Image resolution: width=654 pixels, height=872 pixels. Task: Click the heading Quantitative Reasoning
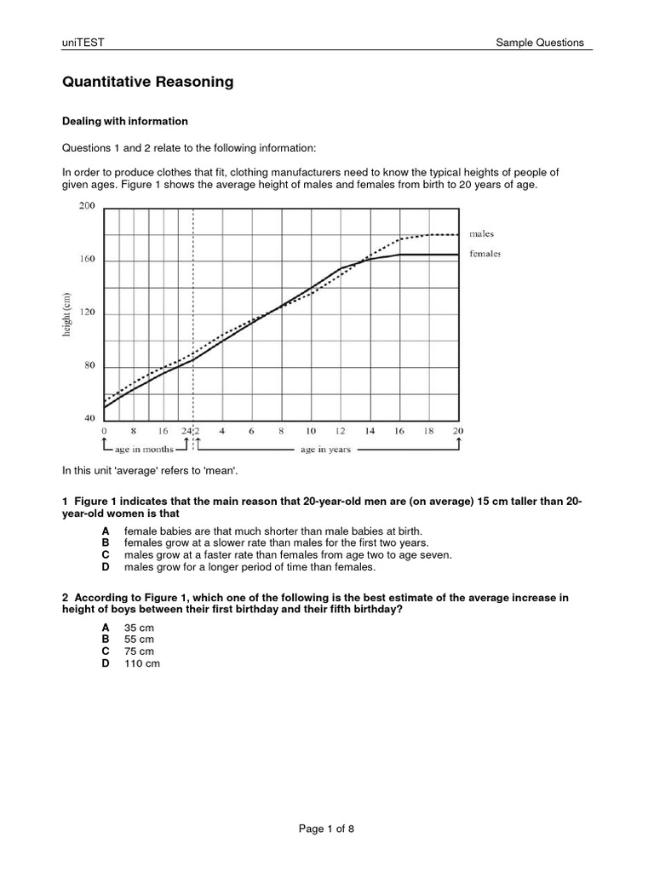[x=147, y=83]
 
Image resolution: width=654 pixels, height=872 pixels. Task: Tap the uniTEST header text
[x=83, y=43]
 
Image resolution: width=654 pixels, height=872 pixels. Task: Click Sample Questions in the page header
[x=540, y=43]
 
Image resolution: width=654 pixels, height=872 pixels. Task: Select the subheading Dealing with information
[x=125, y=122]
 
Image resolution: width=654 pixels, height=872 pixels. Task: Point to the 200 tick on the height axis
[x=87, y=206]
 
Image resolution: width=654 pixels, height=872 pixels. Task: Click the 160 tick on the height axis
[x=87, y=260]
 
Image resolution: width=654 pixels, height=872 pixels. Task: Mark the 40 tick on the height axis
[x=88, y=419]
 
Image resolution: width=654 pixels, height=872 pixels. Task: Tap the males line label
[x=481, y=233]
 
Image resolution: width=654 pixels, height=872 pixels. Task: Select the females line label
[x=484, y=253]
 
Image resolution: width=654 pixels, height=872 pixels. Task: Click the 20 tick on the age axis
[x=458, y=431]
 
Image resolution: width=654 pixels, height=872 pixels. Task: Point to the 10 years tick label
[x=311, y=431]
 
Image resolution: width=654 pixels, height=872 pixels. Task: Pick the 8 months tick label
[x=134, y=431]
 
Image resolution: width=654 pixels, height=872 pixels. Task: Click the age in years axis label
[x=324, y=450]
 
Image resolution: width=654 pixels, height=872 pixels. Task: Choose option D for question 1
[x=106, y=566]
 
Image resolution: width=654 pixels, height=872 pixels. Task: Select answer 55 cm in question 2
[x=139, y=639]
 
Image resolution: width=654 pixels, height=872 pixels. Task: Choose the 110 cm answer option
[x=141, y=663]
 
